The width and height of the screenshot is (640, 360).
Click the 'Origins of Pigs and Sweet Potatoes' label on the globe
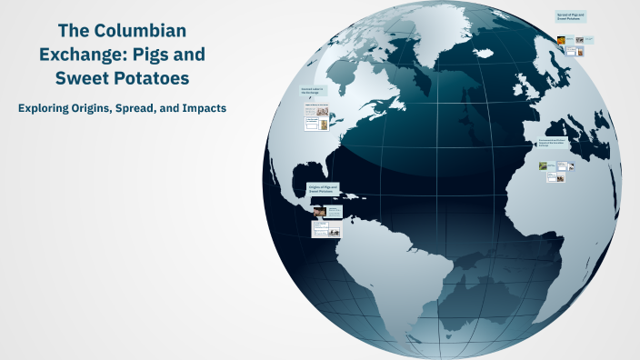tap(322, 190)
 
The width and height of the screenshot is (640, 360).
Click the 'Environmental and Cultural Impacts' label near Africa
tap(553, 142)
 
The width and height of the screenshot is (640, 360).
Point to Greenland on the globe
tap(455, 41)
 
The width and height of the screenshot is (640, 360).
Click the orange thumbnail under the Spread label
tap(562, 39)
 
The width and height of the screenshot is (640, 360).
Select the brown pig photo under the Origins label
tap(320, 211)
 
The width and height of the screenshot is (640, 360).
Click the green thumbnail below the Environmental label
tap(544, 166)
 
